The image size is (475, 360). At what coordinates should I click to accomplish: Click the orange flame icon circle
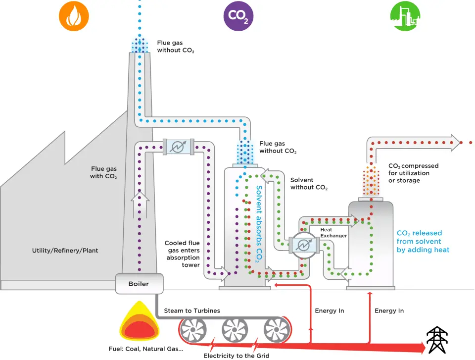click(x=74, y=16)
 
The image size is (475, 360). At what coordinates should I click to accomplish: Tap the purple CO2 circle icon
click(x=238, y=16)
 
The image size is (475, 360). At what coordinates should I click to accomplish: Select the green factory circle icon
click(x=405, y=16)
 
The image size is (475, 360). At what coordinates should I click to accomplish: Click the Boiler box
click(x=140, y=284)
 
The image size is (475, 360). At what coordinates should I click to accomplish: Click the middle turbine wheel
click(x=235, y=330)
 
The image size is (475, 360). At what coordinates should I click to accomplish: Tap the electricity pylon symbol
click(x=437, y=340)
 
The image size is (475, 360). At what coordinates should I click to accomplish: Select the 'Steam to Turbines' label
click(x=192, y=310)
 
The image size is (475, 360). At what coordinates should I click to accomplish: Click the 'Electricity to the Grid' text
click(x=237, y=356)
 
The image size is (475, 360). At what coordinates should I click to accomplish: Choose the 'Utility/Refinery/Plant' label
click(x=65, y=251)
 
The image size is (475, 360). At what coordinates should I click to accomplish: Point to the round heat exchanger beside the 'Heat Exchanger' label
click(x=304, y=245)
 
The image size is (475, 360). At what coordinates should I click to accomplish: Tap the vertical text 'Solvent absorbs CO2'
click(x=259, y=224)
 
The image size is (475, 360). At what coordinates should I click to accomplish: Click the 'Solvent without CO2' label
click(x=309, y=184)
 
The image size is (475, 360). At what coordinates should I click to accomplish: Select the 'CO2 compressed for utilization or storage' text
click(x=414, y=173)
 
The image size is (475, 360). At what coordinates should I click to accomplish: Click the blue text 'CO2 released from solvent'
click(x=419, y=237)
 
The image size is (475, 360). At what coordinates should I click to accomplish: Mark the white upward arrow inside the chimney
click(x=140, y=205)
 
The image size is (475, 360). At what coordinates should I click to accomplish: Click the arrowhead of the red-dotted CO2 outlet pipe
click(x=455, y=143)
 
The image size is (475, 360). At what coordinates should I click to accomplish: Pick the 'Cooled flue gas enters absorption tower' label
click(x=182, y=254)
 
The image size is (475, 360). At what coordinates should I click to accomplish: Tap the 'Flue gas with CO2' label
click(x=103, y=172)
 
